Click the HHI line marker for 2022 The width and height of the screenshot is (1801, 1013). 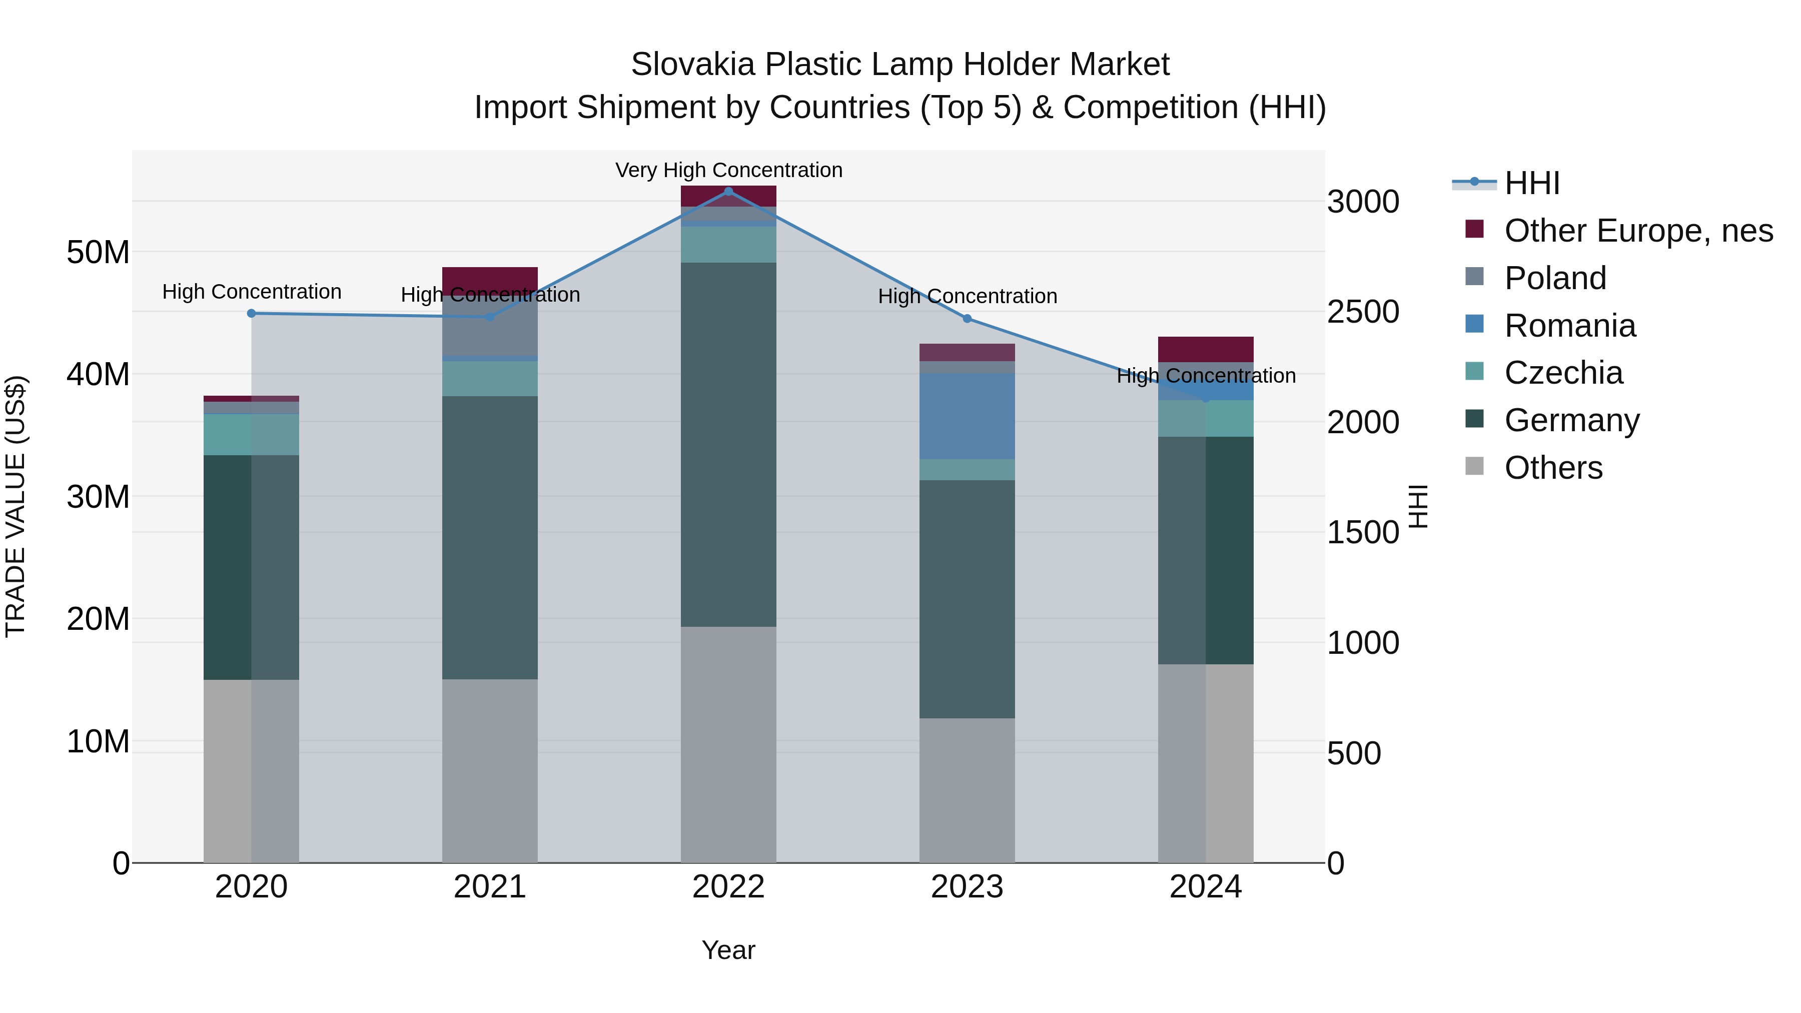click(728, 191)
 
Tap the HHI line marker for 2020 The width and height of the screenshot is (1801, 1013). click(252, 313)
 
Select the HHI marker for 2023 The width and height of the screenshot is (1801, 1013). click(967, 319)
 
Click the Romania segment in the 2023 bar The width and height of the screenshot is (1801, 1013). click(967, 416)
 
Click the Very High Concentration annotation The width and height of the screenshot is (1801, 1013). click(728, 170)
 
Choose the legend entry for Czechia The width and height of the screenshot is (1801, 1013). click(1563, 373)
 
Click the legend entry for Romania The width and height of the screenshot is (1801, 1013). click(1569, 326)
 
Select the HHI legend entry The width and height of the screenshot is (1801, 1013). click(1531, 183)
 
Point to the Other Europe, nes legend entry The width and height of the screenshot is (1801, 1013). click(1638, 231)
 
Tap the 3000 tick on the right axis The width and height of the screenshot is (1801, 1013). click(1363, 202)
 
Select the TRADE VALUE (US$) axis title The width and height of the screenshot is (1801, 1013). click(16, 506)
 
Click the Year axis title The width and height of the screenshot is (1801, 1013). click(728, 950)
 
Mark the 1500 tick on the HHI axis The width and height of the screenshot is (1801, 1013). click(1363, 533)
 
